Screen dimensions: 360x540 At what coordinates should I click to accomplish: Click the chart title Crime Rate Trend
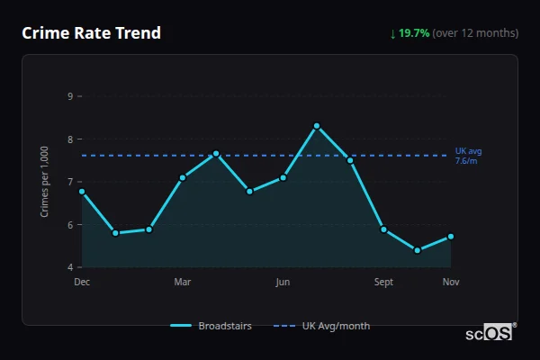click(x=92, y=33)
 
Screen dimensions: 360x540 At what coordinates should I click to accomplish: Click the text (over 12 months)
click(x=475, y=33)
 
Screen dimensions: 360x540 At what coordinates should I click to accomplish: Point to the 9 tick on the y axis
click(x=70, y=96)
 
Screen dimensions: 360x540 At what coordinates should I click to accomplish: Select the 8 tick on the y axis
click(x=70, y=139)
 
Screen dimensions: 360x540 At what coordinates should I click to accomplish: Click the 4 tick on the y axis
click(x=70, y=267)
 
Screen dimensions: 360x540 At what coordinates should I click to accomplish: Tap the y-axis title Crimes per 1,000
click(x=45, y=182)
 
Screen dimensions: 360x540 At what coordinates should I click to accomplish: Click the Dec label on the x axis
click(x=82, y=283)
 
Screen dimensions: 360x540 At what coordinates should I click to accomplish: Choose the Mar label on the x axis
click(x=183, y=283)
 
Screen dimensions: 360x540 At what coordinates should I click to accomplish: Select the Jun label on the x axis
click(x=283, y=283)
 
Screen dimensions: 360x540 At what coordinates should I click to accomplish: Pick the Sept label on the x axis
click(x=383, y=283)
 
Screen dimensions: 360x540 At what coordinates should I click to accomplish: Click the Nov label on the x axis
click(x=451, y=283)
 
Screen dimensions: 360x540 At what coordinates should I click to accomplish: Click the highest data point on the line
click(x=317, y=126)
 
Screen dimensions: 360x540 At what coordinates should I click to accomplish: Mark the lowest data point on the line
click(x=418, y=250)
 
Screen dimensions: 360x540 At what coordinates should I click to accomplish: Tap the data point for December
click(x=82, y=191)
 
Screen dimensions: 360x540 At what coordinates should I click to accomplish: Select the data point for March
click(x=183, y=177)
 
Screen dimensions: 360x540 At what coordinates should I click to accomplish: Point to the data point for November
click(x=451, y=237)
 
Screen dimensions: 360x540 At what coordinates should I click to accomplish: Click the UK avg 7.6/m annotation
click(x=466, y=156)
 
